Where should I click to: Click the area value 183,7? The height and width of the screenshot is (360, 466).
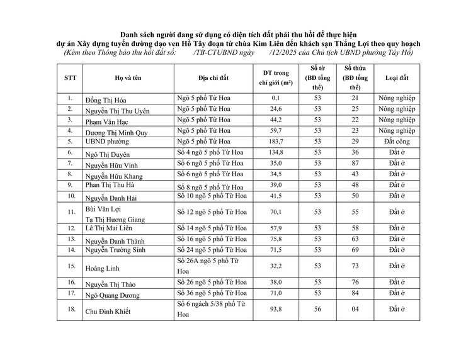(x=275, y=142)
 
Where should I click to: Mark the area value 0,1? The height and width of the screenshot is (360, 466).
(x=275, y=99)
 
